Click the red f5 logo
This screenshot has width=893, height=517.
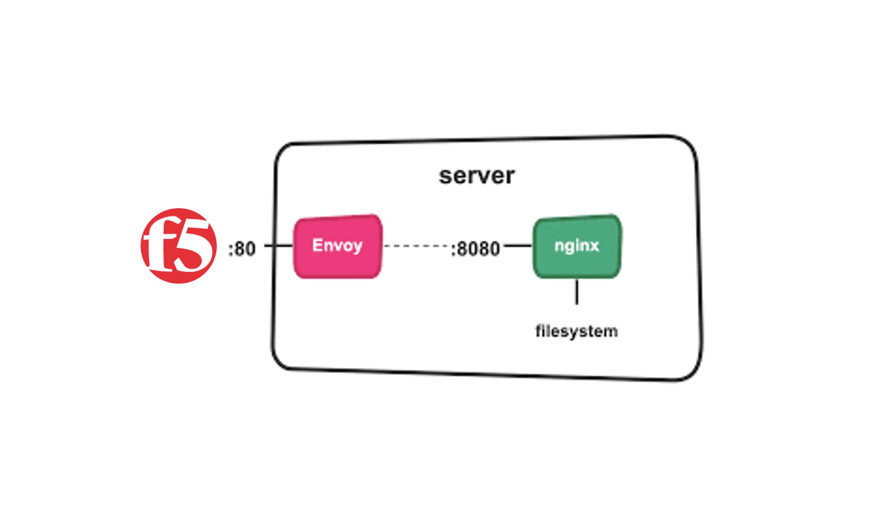[x=178, y=246]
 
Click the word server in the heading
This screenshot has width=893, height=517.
[x=476, y=176]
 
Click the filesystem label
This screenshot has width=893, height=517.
[x=576, y=331]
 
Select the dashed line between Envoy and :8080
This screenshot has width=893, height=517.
[x=415, y=246]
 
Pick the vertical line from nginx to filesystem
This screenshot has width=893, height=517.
[x=577, y=292]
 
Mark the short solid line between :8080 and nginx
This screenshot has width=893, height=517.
[x=518, y=246]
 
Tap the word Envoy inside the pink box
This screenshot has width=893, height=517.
[x=337, y=245]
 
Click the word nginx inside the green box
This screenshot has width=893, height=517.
[x=576, y=246]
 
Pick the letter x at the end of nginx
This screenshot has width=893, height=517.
[x=594, y=246]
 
